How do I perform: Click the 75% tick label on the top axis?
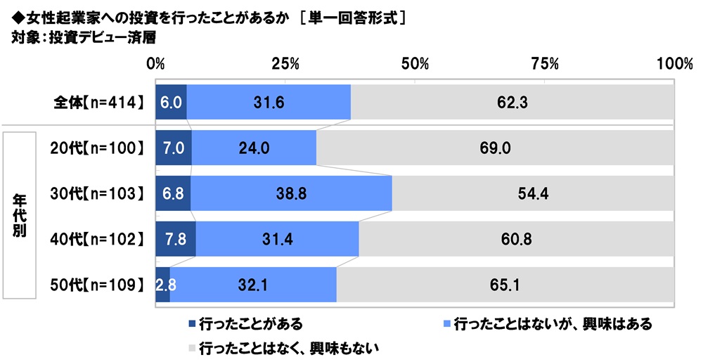[x=545, y=64]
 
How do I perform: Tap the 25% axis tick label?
[x=285, y=64]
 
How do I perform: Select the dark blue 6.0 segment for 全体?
[x=171, y=102]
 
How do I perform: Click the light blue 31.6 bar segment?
[x=268, y=102]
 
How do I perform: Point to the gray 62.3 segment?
[x=512, y=102]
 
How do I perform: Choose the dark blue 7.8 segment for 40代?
[x=175, y=240]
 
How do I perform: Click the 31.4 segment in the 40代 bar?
[x=277, y=240]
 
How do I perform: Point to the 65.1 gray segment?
[x=505, y=285]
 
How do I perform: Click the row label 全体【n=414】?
[x=99, y=103]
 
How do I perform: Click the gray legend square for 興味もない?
[x=192, y=347]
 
